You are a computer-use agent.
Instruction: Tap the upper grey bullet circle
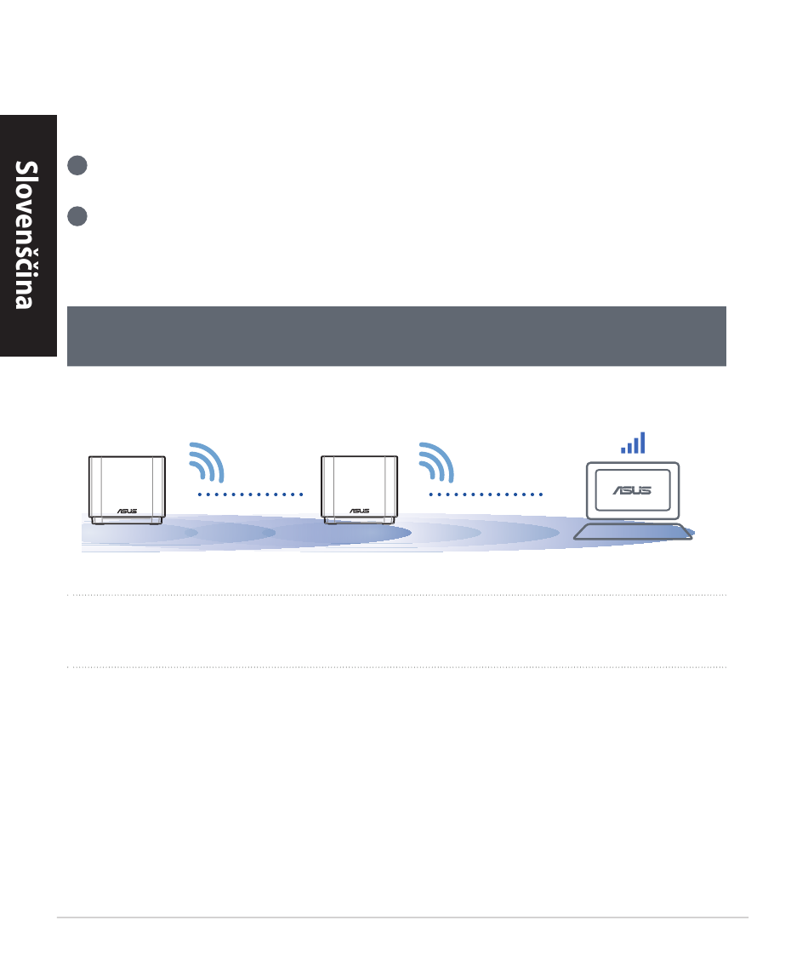click(77, 166)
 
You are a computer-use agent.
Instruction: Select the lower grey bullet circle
click(77, 216)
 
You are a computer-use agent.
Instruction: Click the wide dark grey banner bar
click(396, 336)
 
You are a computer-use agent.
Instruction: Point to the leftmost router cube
click(127, 489)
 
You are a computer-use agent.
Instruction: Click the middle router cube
click(358, 489)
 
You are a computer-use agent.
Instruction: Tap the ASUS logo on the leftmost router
click(127, 513)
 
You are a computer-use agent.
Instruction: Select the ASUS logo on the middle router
click(358, 513)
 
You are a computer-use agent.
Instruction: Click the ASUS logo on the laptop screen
click(631, 489)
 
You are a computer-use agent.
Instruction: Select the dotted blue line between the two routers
click(250, 494)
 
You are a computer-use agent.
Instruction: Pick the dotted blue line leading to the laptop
click(485, 494)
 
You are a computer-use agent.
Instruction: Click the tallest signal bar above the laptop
click(643, 442)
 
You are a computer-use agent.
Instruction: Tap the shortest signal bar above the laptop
click(623, 449)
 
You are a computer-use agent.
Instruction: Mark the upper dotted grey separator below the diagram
click(396, 595)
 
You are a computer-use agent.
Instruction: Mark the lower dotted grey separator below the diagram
click(396, 667)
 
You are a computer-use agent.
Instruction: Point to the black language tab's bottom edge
click(28, 356)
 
